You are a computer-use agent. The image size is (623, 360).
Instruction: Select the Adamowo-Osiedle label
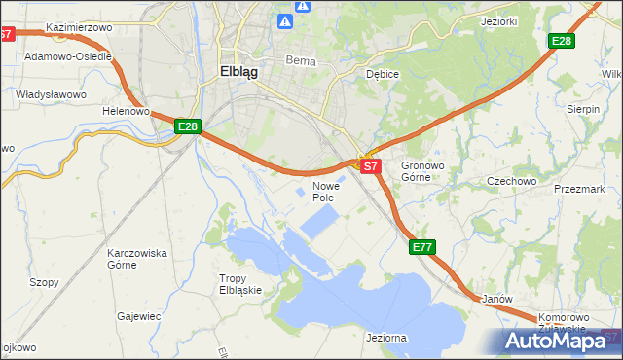(67, 57)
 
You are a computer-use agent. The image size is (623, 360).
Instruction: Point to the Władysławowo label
(52, 94)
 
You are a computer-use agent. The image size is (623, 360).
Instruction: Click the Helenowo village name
(126, 112)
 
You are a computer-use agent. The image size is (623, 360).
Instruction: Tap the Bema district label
(300, 60)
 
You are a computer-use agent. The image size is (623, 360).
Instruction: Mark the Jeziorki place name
(498, 20)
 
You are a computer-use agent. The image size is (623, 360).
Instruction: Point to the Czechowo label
(512, 181)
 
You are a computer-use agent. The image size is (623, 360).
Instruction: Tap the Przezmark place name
(579, 190)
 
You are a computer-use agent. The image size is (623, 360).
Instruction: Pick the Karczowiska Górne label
(137, 259)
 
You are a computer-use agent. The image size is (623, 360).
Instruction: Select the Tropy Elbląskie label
(239, 284)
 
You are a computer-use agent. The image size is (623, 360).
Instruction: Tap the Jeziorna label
(386, 338)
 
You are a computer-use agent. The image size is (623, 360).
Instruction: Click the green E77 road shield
(421, 248)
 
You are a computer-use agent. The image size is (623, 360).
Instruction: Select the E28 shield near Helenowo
(188, 126)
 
